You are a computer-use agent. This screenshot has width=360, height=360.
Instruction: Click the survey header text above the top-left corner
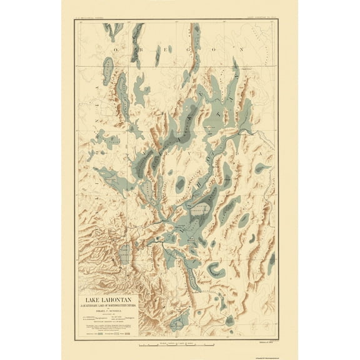tap(88, 19)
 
